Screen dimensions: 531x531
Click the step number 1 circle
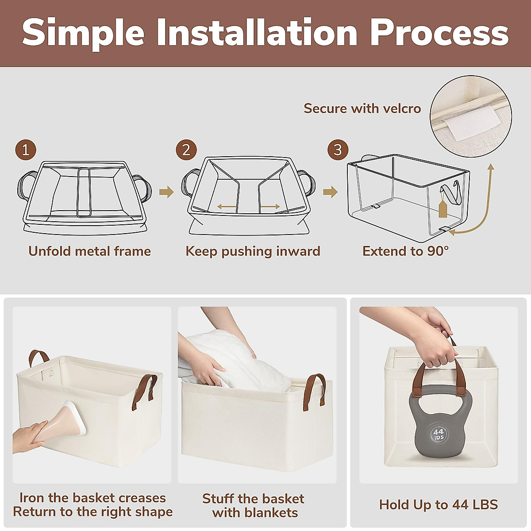26,150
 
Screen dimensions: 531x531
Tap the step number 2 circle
186,150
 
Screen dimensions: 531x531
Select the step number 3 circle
338,150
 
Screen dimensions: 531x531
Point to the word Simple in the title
83,35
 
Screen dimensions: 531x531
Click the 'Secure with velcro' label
362,108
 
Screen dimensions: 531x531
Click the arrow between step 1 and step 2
166,192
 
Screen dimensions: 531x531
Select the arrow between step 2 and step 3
330,192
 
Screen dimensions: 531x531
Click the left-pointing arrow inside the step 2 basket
226,206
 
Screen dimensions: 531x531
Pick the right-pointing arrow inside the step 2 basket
270,206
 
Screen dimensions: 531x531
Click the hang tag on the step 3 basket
442,208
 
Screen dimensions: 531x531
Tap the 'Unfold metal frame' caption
90,251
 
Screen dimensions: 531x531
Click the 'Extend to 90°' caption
406,251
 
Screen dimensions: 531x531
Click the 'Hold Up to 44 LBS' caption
439,504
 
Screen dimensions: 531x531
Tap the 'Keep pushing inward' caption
253,251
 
